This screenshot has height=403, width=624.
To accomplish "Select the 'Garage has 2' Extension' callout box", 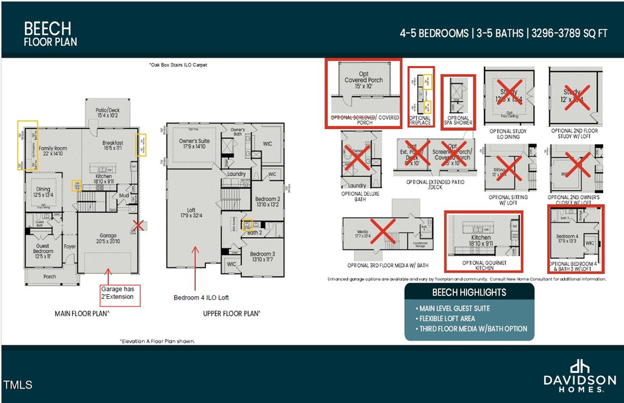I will click(x=119, y=295).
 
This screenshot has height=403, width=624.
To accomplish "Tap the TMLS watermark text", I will click(x=17, y=384).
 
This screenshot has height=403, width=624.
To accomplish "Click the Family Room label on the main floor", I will click(x=55, y=151).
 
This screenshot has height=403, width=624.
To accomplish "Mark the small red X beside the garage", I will click(x=139, y=225).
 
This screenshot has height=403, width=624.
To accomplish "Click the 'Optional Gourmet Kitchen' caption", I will click(x=483, y=266).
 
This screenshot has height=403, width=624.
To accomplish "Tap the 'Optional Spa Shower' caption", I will click(x=458, y=121).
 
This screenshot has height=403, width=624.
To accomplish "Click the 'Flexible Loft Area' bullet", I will click(x=447, y=318).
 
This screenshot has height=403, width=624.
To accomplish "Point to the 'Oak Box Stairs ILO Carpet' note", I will click(x=178, y=65).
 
